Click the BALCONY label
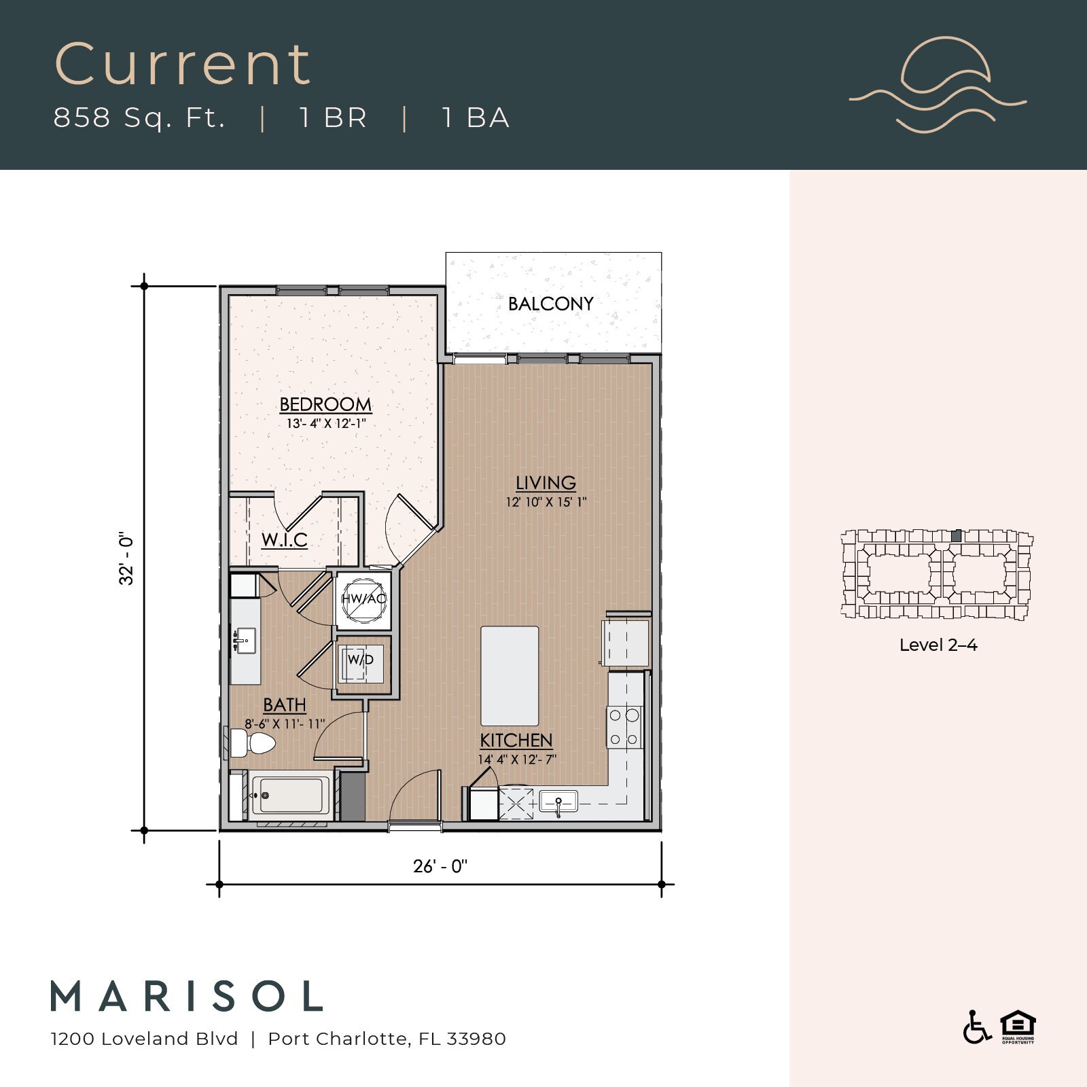point(550,304)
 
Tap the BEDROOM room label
point(325,404)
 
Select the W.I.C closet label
point(284,540)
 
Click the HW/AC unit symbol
point(363,599)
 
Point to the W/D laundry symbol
point(361,660)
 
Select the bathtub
point(291,796)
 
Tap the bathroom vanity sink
point(244,641)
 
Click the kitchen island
point(510,676)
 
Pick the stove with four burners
point(624,727)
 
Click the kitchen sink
point(558,802)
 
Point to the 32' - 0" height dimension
point(126,558)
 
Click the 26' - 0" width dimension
point(440,866)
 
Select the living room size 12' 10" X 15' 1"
point(546,503)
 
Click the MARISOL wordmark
point(187,997)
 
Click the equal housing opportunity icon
point(1017,1027)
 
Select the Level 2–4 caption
point(938,645)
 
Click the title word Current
point(182,65)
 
